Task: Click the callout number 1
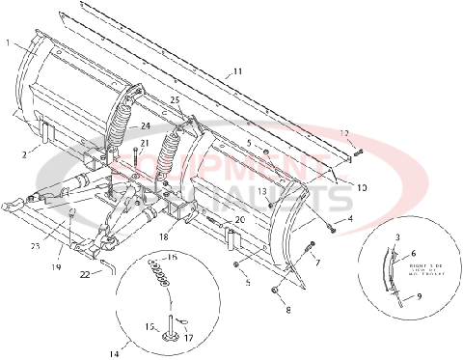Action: tap(8, 43)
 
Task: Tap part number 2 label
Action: tap(22, 152)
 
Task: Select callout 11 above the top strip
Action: tap(237, 71)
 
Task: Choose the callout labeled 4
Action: tap(350, 219)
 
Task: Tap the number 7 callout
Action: tap(317, 262)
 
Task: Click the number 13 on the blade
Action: tap(261, 192)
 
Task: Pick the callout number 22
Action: tap(86, 274)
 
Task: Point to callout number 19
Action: tap(56, 266)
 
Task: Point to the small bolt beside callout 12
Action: tap(358, 150)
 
